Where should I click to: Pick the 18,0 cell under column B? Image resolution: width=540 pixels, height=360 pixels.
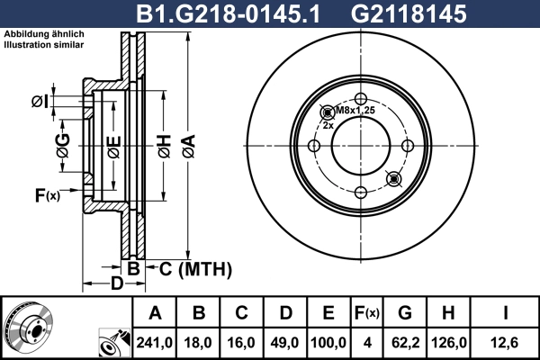pyautogui.click(x=199, y=343)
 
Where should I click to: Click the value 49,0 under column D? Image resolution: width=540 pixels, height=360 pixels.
pyautogui.click(x=285, y=343)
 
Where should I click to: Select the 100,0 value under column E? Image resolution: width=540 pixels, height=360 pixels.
pyautogui.click(x=328, y=343)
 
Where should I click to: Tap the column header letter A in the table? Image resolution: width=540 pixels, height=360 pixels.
pyautogui.click(x=156, y=314)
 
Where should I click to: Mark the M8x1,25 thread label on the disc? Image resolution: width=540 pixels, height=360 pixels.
pyautogui.click(x=354, y=111)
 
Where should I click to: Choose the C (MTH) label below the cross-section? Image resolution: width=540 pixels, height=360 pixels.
pyautogui.click(x=195, y=269)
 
